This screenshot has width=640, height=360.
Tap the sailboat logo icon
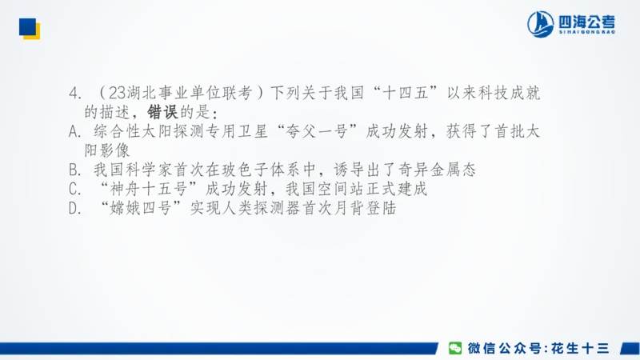point(542,24)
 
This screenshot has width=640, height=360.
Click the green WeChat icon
point(454,347)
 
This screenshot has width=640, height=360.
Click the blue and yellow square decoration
point(30,28)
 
